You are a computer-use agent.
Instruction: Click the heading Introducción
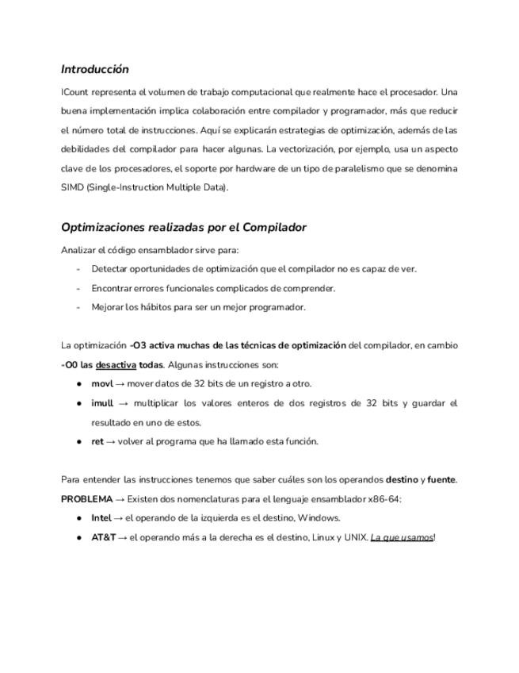coord(94,70)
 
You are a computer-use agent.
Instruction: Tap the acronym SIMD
coord(73,187)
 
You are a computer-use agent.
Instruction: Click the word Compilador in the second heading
coord(274,228)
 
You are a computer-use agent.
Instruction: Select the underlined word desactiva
coord(116,365)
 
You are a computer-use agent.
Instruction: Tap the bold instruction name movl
coord(102,383)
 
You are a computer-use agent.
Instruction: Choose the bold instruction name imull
coord(103,403)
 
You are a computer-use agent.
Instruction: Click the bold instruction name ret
coord(97,441)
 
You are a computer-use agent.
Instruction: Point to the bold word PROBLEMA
coord(86,499)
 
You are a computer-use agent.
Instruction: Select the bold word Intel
coord(101,517)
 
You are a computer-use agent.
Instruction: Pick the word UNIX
coord(354,537)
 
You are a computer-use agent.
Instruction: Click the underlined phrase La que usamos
coord(402,537)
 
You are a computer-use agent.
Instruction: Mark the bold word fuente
coord(441,479)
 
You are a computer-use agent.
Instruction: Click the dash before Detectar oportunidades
coord(78,269)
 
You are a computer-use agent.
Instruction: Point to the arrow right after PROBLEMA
coord(121,499)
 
